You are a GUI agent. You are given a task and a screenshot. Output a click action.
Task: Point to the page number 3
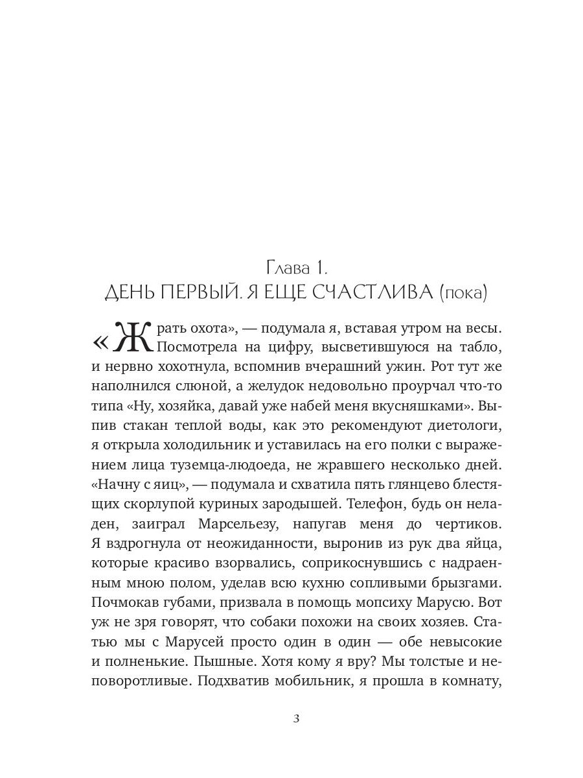click(x=296, y=718)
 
